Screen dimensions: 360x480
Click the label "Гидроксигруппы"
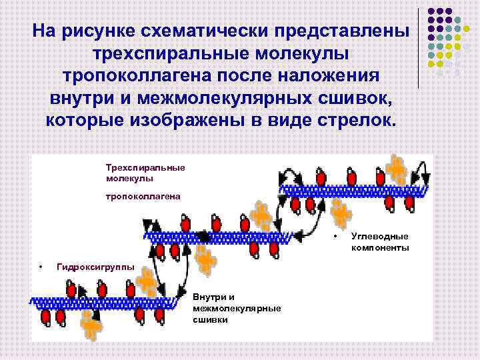(96, 267)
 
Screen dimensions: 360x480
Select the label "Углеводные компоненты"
(380, 242)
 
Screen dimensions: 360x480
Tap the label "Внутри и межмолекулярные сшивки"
(236, 308)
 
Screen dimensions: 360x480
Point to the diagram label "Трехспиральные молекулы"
(145, 173)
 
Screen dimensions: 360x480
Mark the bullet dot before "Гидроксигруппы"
(41, 267)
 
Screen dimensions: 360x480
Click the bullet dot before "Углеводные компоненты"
(335, 237)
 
